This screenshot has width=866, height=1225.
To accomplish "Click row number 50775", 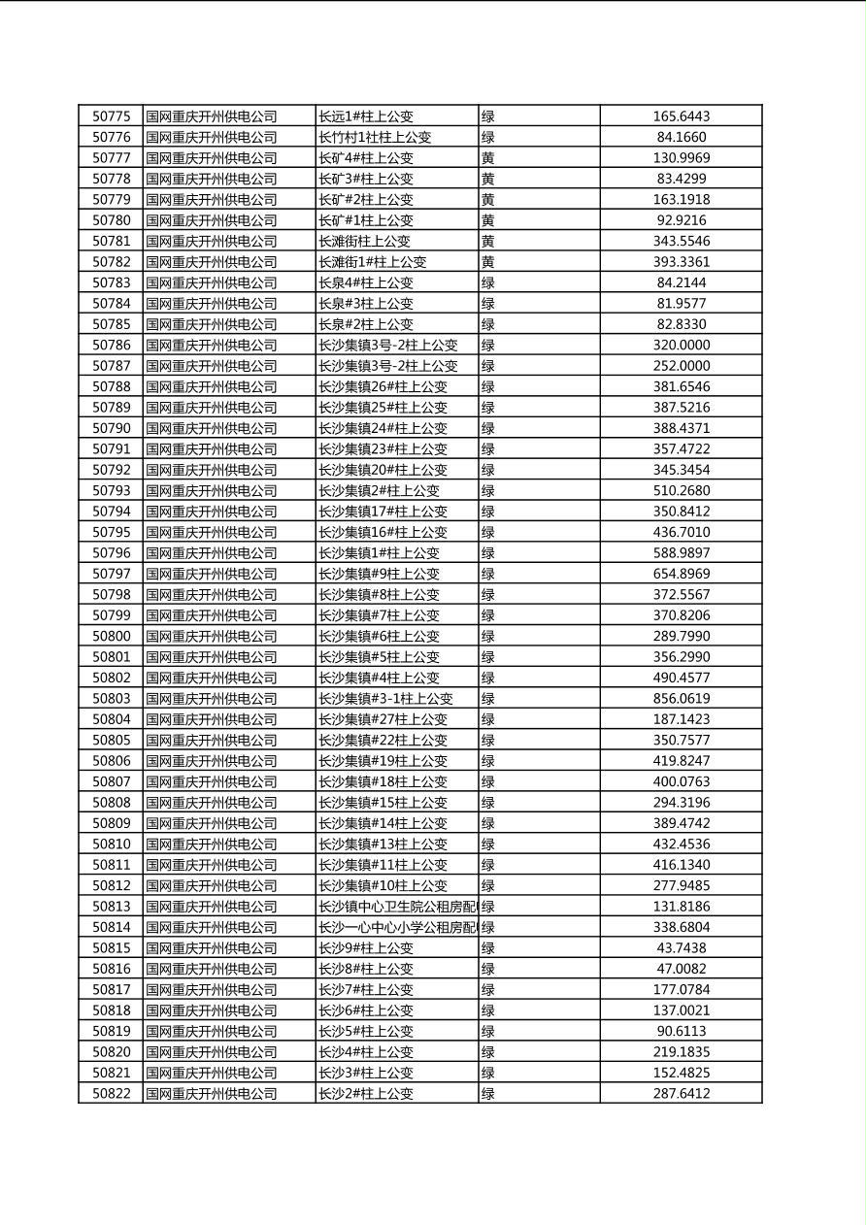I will pos(111,116).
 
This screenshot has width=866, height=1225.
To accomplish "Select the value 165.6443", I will pos(681,116).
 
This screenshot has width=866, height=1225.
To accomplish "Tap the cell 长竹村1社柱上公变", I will pos(375,138).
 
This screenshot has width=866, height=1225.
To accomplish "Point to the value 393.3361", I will pos(681,262).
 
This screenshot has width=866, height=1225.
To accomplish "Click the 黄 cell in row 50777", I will pos(488,158).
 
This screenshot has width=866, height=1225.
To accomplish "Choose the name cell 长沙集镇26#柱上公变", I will pos(383,386).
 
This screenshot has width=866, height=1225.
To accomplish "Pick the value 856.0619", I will pos(681,699).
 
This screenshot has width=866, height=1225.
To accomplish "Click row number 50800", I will pos(111,637).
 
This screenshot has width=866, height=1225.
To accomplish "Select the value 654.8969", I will pos(681,574).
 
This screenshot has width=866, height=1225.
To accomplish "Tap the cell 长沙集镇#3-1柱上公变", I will pos(385,699).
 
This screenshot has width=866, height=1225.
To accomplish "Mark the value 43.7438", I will pos(681,948).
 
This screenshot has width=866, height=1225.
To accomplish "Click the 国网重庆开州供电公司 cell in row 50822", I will pos(212,1094).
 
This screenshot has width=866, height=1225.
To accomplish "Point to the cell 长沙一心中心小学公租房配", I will pos(397,927).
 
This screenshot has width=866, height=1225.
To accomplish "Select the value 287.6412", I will pos(681,1094).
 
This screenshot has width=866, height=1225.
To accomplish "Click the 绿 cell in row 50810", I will pos(488,844).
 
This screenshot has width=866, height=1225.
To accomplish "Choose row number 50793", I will pos(111,491).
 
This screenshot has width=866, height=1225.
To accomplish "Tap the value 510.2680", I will pos(681,491).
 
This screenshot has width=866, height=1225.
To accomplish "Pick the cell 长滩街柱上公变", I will pos(364,242).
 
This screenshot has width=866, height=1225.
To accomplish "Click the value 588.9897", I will pos(681,553).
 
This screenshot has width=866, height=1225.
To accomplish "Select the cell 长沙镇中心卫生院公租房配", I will pos(397,907).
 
